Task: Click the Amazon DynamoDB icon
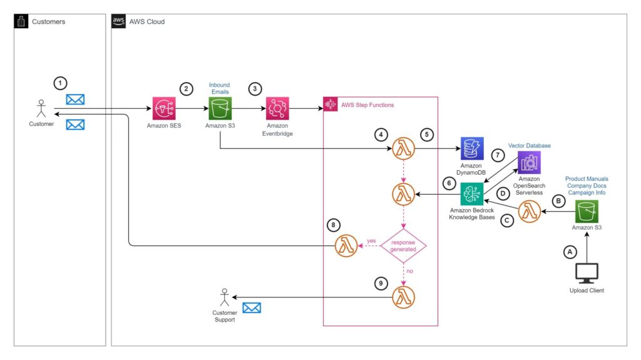(471, 149)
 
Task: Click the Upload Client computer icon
(587, 272)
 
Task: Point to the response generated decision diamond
(404, 245)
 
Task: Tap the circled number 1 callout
(60, 83)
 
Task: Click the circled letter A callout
(569, 252)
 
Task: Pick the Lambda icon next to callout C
(530, 211)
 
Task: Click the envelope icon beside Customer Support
(252, 308)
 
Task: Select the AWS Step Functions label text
(367, 105)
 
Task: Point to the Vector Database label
(530, 145)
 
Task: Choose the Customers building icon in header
(22, 22)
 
